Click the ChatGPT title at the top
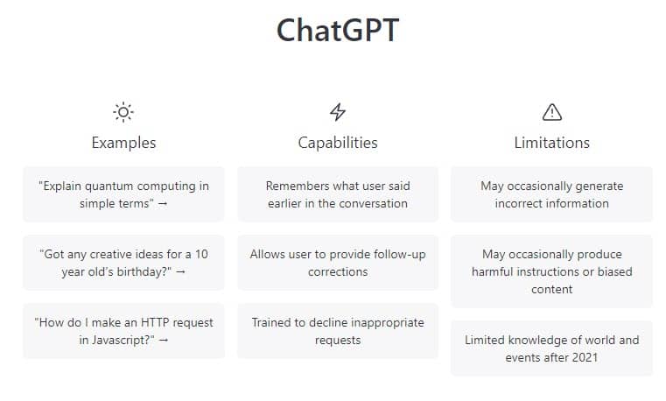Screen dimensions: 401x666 (338, 31)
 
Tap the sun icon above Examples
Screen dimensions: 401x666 (123, 111)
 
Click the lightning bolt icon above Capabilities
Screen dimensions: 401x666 (338, 111)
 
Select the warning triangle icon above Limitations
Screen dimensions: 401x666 (552, 111)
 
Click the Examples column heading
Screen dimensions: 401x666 (123, 142)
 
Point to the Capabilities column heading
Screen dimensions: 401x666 (338, 142)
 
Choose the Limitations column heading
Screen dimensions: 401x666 (552, 142)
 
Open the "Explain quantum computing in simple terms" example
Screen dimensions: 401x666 (123, 194)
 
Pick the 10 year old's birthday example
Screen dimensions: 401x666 (123, 263)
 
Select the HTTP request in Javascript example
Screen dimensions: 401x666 (123, 331)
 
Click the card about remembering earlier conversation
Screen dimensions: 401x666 (338, 194)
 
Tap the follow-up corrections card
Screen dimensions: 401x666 (338, 263)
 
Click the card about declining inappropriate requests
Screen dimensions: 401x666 (338, 331)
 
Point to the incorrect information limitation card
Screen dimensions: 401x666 (552, 194)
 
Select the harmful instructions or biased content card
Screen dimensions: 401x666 (552, 271)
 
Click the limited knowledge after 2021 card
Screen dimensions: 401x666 (552, 348)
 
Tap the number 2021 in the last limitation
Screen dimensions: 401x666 (582, 357)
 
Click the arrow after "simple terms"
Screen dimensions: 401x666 (163, 204)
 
